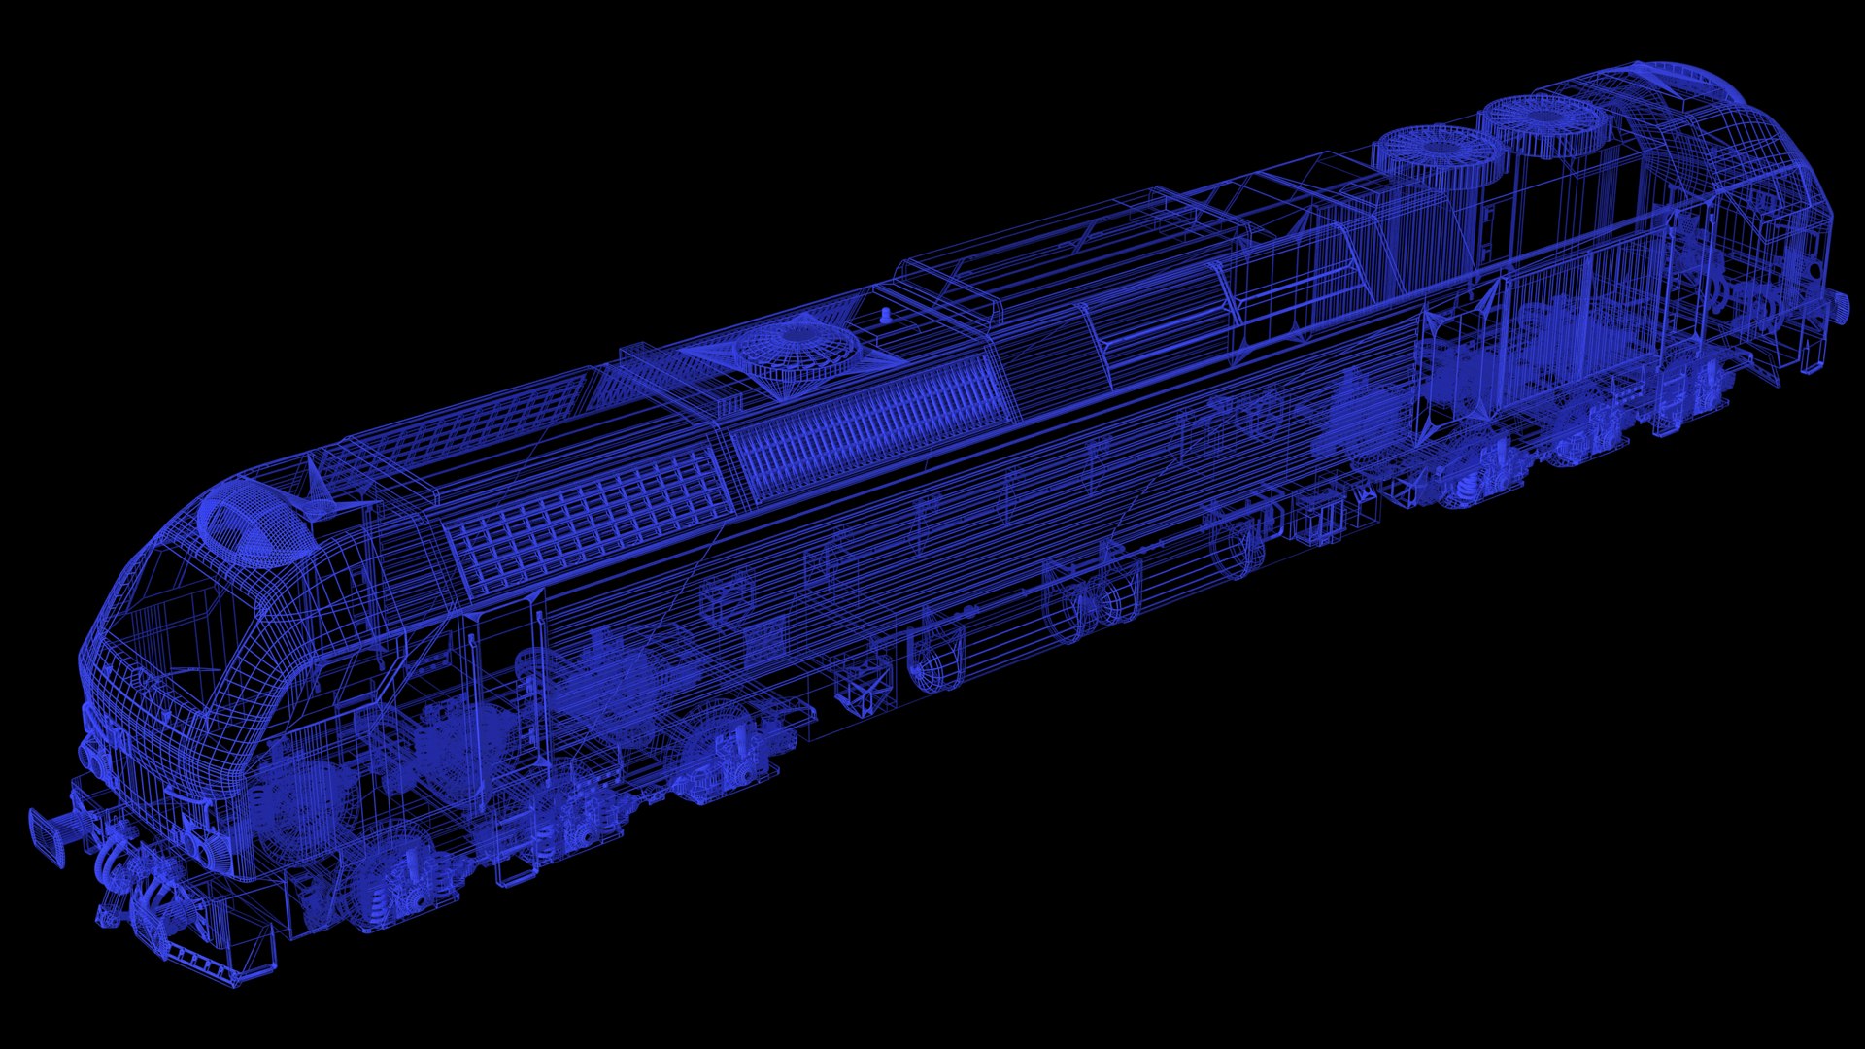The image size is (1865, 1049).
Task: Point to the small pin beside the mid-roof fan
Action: tap(886, 315)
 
